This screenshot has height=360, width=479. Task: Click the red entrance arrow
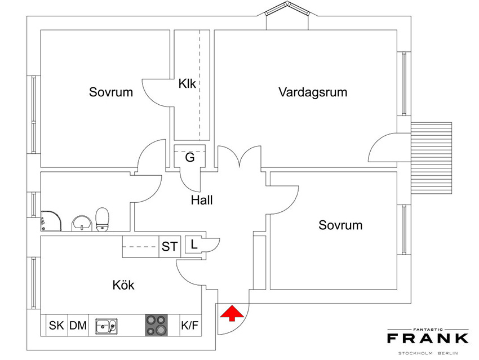coord(232,313)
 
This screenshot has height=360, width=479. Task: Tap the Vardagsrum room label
coord(313,92)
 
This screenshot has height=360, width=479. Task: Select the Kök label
coord(123,285)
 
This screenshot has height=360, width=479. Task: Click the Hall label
coord(202,200)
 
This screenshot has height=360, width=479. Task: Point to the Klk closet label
coord(187,83)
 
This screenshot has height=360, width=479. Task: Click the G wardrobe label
coord(190,158)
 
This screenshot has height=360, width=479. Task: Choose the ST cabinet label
coord(170,247)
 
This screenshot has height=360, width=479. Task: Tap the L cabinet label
coord(194,245)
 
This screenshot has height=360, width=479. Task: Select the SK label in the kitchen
coord(56,326)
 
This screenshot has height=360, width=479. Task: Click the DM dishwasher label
coord(78,326)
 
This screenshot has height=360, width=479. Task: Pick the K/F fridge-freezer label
coord(190,326)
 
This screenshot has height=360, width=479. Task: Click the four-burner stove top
coord(157,325)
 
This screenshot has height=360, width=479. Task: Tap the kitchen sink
coord(106,326)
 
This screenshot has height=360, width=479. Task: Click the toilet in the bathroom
coord(102,219)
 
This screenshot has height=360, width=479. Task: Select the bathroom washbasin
coord(81,223)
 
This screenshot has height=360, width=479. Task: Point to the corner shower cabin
coord(51,220)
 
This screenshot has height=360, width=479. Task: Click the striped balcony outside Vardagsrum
coord(431,158)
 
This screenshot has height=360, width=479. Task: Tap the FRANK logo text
coord(428,338)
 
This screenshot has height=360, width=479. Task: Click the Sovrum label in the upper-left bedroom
coord(111,92)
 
